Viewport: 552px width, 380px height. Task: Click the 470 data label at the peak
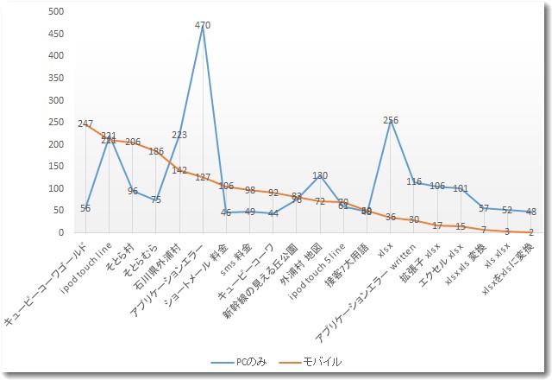[203, 26]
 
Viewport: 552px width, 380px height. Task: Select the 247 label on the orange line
[85, 124]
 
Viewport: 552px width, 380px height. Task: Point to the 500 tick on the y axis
[56, 11]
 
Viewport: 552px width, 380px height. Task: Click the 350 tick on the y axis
[56, 78]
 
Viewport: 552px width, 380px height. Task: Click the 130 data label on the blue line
[320, 175]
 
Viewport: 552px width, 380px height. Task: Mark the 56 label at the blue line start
[85, 208]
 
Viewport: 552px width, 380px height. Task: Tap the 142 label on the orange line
[179, 170]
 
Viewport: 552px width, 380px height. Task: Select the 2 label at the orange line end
[531, 231]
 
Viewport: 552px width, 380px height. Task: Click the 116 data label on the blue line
[414, 181]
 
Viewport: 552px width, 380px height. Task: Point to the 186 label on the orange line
[156, 151]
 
